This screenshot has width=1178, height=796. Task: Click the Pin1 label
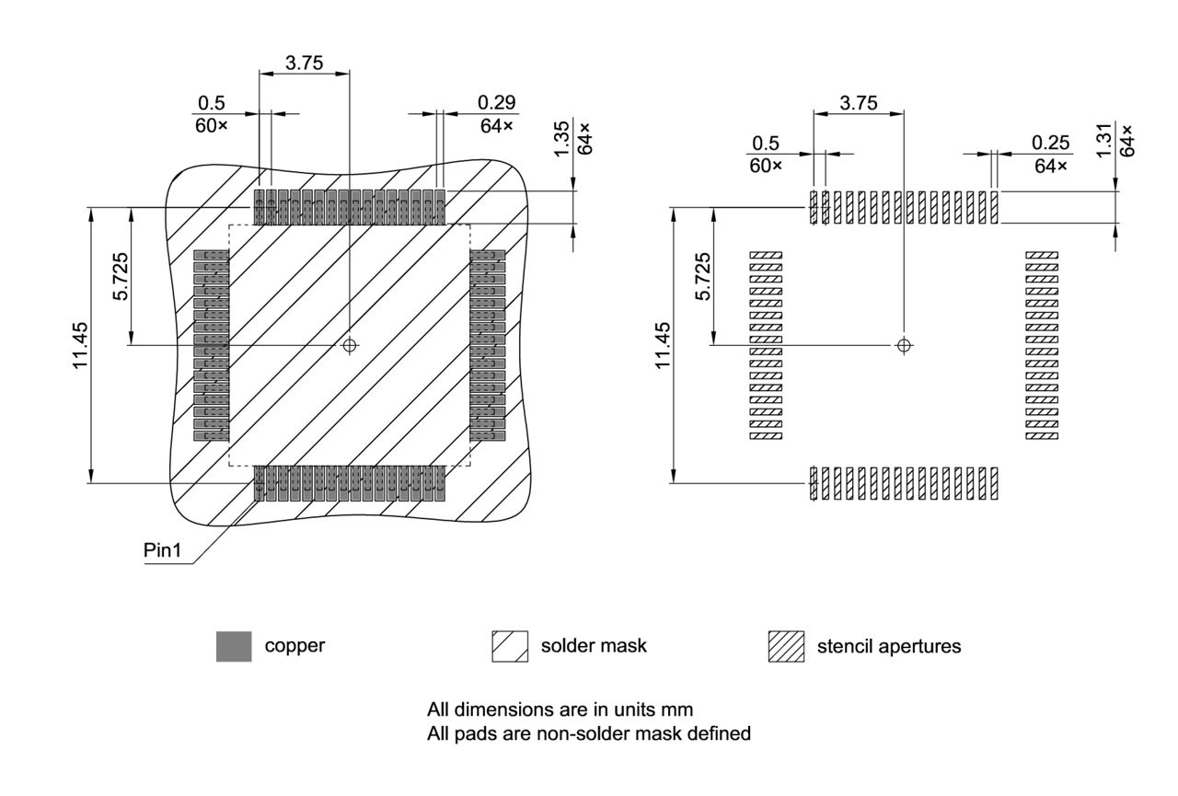point(163,551)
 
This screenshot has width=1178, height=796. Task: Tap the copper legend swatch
point(234,646)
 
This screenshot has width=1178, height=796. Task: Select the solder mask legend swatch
point(510,646)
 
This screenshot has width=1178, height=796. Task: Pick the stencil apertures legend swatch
point(786,646)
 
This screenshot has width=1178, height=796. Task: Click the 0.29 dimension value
point(497,102)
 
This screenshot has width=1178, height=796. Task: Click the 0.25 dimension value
point(1051,143)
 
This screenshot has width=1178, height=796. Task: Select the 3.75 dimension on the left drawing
point(304,63)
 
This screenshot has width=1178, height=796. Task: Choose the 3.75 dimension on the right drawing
point(859,103)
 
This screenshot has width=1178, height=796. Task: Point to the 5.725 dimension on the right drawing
point(703,275)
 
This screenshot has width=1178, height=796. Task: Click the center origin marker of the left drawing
point(349,345)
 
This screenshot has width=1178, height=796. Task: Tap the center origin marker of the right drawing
point(904,345)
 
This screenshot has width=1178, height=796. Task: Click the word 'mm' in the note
point(679,709)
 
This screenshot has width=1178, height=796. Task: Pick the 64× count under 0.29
point(496,125)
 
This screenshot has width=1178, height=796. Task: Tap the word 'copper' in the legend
point(294,646)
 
